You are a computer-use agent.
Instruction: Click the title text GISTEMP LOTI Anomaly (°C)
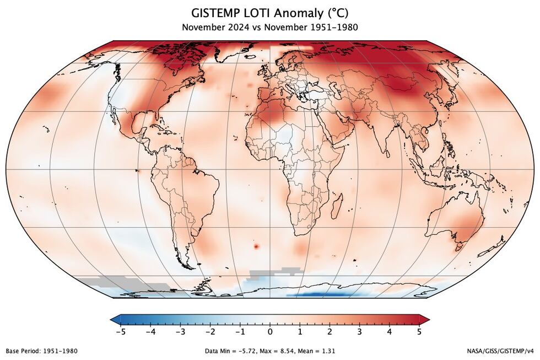tap(270, 12)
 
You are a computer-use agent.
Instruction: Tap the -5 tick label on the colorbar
tap(120, 332)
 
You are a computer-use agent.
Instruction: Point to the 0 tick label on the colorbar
tap(270, 332)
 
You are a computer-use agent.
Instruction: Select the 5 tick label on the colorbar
tap(419, 332)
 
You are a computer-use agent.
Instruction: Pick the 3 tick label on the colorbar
tap(360, 332)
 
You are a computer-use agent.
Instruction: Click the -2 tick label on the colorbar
tap(209, 332)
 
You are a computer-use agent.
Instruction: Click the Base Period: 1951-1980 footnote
tap(41, 351)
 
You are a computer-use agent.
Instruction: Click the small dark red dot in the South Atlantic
tap(256, 246)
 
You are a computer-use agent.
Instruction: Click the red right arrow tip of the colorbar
tap(426, 319)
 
